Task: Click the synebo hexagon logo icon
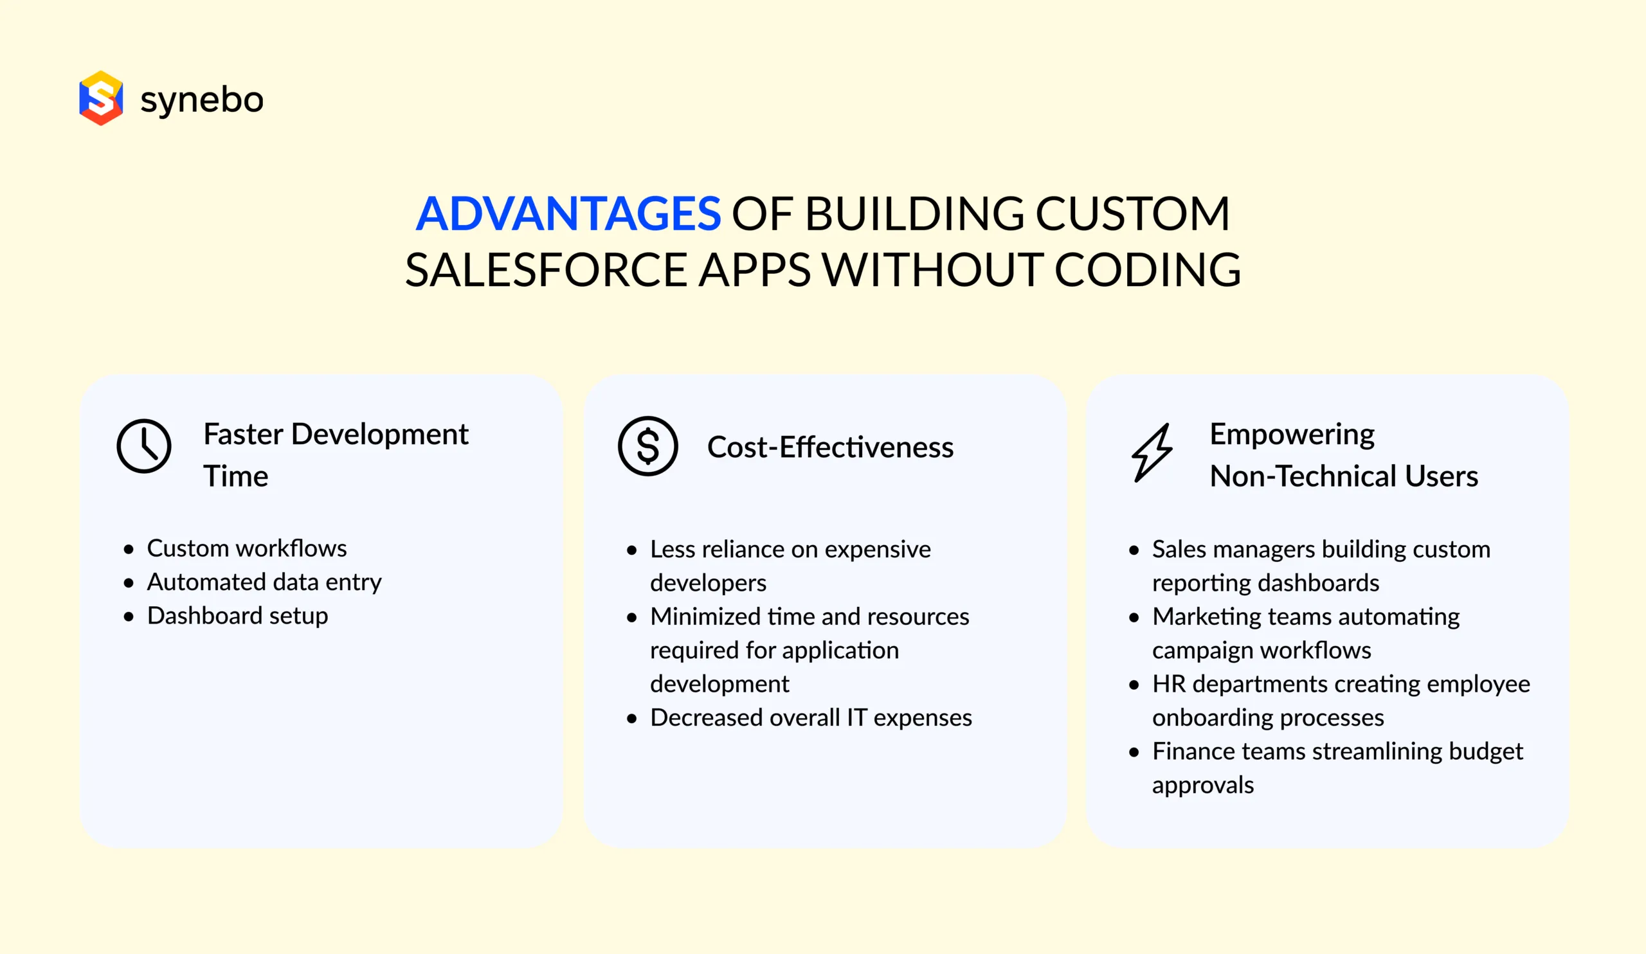(100, 98)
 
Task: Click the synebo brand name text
(202, 100)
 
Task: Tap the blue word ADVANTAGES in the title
(568, 213)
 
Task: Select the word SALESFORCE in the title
(546, 270)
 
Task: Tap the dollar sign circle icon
(647, 446)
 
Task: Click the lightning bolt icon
(1152, 453)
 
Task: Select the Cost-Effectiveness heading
(829, 447)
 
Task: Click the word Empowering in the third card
(1291, 434)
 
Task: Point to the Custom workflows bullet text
(246, 548)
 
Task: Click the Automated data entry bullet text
(264, 582)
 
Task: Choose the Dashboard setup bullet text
(237, 616)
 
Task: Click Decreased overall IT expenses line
(811, 717)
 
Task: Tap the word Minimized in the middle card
(705, 616)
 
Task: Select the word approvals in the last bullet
(1202, 785)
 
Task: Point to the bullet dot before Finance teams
(1134, 752)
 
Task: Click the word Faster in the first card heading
(243, 434)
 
